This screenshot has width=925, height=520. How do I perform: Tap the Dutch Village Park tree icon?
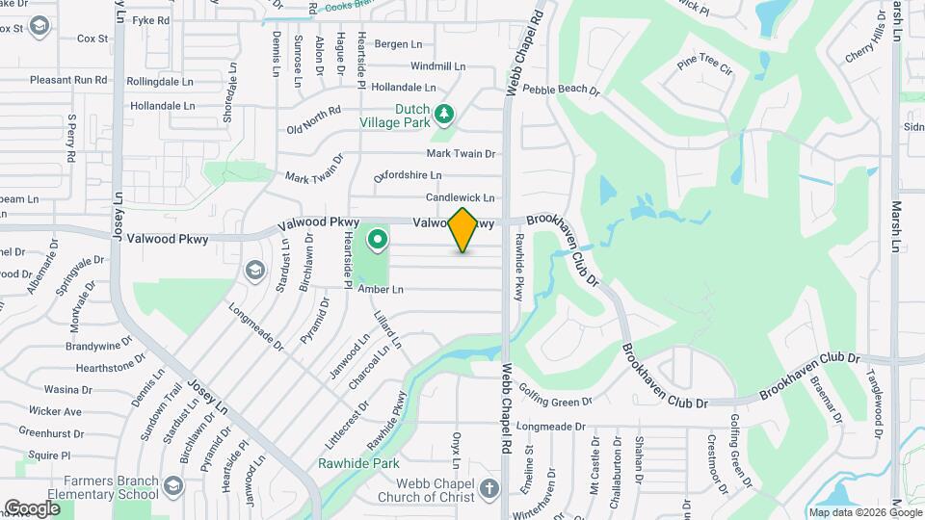[x=443, y=116]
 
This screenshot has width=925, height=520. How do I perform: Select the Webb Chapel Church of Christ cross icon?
[x=489, y=487]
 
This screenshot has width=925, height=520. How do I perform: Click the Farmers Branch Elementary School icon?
[x=173, y=484]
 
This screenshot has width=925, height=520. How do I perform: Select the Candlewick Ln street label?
[x=461, y=197]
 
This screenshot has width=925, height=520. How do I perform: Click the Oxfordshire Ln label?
[x=408, y=175]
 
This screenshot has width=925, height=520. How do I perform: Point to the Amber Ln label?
[x=380, y=289]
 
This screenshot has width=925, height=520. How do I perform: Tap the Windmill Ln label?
[x=437, y=66]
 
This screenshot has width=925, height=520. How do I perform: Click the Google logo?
[x=32, y=507]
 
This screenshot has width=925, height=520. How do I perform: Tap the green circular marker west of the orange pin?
[x=377, y=239]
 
